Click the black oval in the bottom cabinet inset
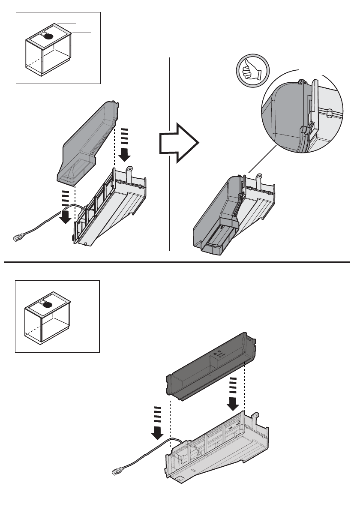[x=48, y=304]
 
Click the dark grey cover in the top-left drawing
[x=86, y=141]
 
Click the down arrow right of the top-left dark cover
[x=125, y=148]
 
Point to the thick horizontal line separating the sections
[x=180, y=261]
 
